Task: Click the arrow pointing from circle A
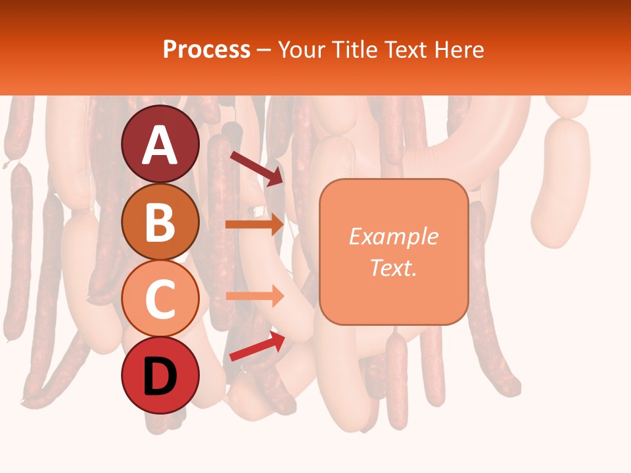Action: (256, 168)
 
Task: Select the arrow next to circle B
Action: (254, 225)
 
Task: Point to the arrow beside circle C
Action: (254, 296)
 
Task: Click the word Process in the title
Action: (206, 49)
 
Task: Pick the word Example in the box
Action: (393, 236)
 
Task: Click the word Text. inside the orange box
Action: (393, 268)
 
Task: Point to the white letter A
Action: (160, 145)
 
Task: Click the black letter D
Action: (160, 377)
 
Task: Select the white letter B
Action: (160, 222)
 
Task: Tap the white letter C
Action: (160, 299)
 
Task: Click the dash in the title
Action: (264, 51)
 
